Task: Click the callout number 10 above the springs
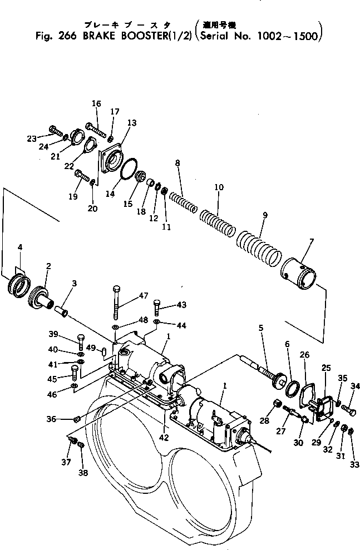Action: click(x=218, y=187)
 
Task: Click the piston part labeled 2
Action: click(x=42, y=294)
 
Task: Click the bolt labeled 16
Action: click(x=96, y=130)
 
